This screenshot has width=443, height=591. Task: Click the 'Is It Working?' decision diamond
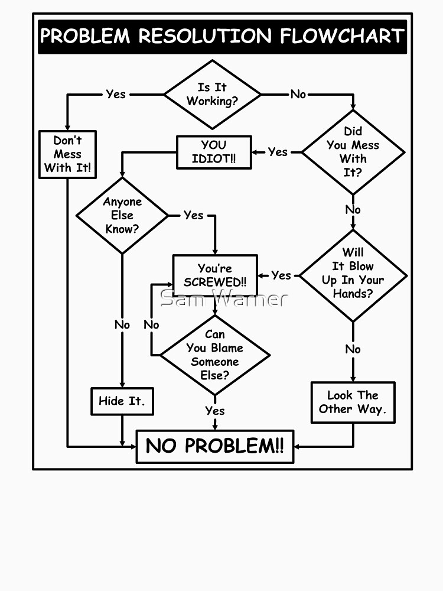click(x=212, y=95)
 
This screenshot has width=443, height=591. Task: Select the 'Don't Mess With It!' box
click(x=67, y=154)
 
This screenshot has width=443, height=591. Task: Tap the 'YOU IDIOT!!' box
click(x=213, y=152)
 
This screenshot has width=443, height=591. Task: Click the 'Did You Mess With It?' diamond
click(x=353, y=152)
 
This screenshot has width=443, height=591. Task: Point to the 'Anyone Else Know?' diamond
click(x=122, y=215)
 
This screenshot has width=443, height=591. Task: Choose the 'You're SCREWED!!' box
click(x=214, y=275)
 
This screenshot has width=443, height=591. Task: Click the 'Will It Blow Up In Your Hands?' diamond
click(x=353, y=273)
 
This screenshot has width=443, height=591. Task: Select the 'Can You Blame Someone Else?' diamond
click(x=215, y=355)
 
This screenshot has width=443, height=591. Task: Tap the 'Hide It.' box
click(x=122, y=401)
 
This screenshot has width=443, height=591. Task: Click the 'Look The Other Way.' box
click(x=353, y=402)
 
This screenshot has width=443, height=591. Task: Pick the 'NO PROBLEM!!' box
click(x=215, y=446)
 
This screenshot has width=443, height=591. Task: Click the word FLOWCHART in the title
click(x=341, y=37)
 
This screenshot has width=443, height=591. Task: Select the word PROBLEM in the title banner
click(x=85, y=37)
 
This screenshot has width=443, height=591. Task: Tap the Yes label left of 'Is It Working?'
click(x=116, y=94)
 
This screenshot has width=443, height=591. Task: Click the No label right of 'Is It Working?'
click(x=298, y=94)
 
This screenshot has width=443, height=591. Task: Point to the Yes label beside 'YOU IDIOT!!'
click(x=277, y=152)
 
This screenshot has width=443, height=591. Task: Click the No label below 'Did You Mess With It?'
click(x=353, y=210)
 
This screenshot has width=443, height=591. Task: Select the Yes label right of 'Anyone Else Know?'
click(x=193, y=215)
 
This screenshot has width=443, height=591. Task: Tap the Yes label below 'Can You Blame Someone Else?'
click(x=215, y=410)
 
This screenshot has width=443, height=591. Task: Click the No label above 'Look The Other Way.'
click(x=353, y=349)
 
